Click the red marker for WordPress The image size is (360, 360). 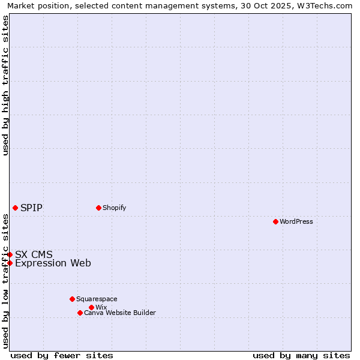click(x=275, y=221)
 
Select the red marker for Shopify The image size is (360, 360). click(x=98, y=208)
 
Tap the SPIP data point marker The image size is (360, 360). click(x=15, y=208)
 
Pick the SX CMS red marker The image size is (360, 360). click(x=10, y=254)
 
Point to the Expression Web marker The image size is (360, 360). click(x=10, y=263)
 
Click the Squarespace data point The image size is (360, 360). click(x=72, y=299)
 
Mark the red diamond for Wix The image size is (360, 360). click(x=91, y=307)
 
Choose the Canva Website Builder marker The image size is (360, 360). click(x=80, y=313)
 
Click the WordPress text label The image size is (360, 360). click(x=296, y=221)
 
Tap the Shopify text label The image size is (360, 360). click(x=114, y=208)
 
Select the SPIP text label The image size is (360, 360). click(x=31, y=208)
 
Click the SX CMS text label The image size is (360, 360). click(x=34, y=254)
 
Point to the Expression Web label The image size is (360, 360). click(x=53, y=263)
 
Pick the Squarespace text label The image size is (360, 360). click(x=97, y=299)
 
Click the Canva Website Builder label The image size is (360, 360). click(x=120, y=313)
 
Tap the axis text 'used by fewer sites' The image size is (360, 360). click(x=62, y=355)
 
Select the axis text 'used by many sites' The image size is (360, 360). click(x=301, y=355)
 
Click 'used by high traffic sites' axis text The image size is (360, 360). click(x=5, y=85)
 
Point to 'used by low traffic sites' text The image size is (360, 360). click(x=5, y=281)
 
